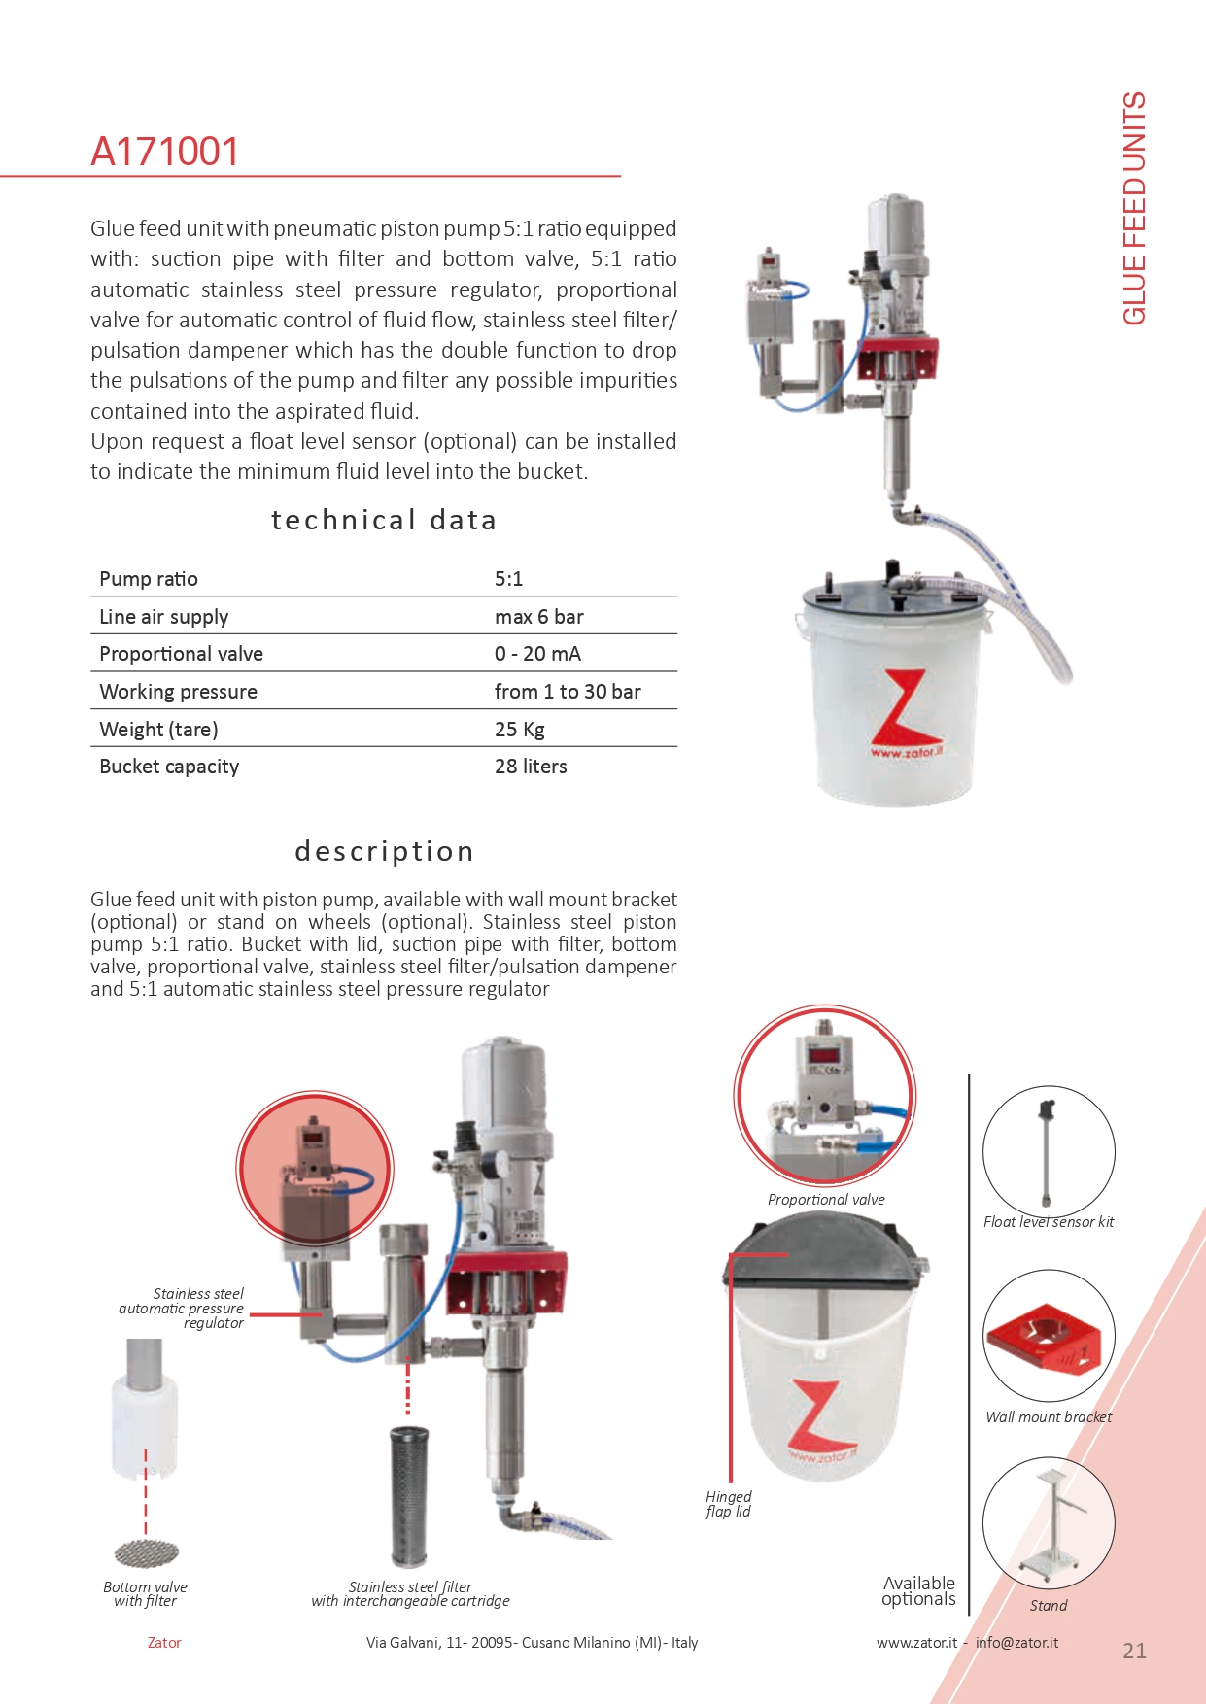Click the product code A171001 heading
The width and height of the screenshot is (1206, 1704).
164,152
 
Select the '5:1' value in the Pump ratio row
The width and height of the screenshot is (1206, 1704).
508,579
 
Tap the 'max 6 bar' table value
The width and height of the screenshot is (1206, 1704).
538,617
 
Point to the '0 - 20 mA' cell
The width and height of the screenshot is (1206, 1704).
537,654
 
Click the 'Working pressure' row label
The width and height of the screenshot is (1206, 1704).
178,692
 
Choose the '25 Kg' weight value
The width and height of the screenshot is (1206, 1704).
519,730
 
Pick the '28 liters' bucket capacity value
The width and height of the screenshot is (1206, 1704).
531,767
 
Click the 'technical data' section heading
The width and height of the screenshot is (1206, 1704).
384,521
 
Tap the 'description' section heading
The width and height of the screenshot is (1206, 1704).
384,852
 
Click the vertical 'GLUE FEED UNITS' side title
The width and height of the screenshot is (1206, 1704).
1134,208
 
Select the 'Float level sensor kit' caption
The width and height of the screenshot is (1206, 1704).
1049,1222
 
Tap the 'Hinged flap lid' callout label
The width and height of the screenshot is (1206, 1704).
728,1504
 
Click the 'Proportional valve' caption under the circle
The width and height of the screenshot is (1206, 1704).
826,1200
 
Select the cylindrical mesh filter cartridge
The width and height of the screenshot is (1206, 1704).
409,1496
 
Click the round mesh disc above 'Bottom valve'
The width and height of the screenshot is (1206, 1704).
146,1553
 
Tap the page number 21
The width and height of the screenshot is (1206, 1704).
1134,1651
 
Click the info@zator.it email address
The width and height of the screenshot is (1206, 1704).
1016,1643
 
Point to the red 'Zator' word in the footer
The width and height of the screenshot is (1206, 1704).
164,1643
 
